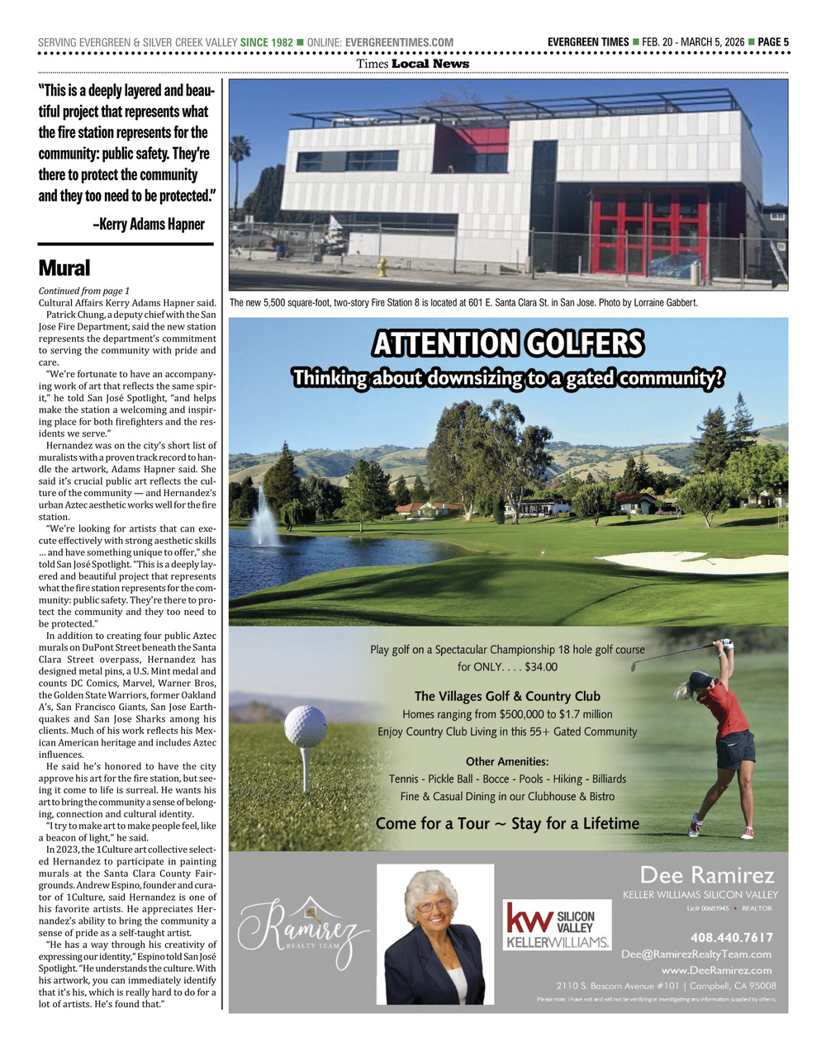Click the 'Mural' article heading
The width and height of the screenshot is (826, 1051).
64,268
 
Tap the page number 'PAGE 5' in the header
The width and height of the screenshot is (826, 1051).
773,42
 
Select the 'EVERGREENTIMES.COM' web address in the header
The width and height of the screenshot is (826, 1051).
399,42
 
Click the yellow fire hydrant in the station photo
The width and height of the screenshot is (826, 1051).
382,267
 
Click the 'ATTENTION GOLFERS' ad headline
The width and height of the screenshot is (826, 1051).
508,343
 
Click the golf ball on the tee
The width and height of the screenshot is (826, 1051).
305,726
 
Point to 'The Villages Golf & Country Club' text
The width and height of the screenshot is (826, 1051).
507,696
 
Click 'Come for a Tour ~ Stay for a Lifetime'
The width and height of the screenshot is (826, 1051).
507,823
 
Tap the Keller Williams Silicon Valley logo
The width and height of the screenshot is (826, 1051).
557,925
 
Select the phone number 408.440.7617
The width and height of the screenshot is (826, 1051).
731,937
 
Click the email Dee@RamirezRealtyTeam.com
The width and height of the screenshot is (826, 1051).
695,954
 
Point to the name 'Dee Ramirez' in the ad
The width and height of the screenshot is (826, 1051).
707,875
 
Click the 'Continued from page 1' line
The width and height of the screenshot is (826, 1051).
83,291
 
